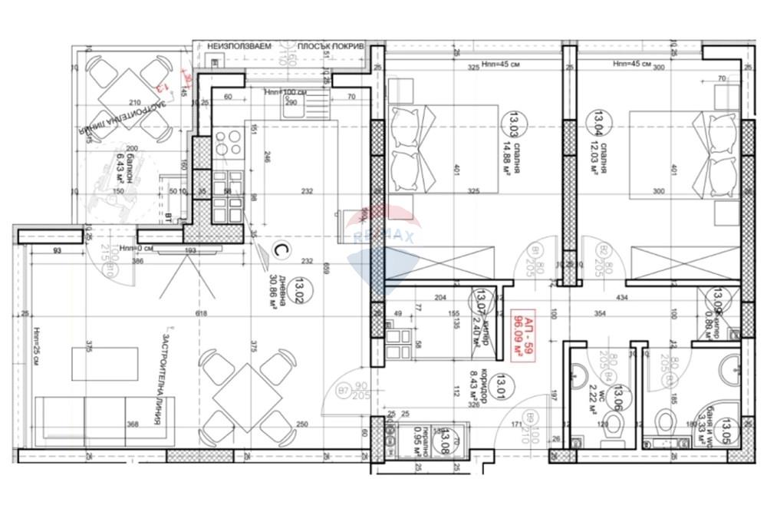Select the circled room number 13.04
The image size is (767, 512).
tap(595, 121)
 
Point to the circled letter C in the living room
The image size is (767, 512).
tap(281, 252)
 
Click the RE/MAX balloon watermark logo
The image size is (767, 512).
tap(382, 238)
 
